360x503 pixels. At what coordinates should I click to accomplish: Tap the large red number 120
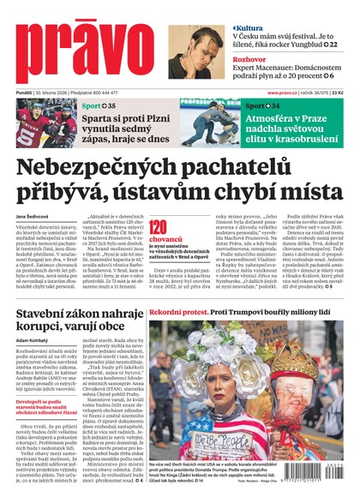click(158, 227)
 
